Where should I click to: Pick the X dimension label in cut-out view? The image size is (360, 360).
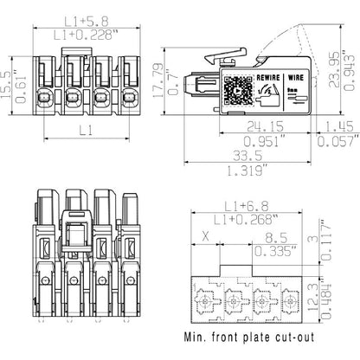tap(205, 235)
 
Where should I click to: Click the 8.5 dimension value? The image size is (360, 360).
tap(275, 235)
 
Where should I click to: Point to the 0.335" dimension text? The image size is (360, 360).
tap(275, 250)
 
